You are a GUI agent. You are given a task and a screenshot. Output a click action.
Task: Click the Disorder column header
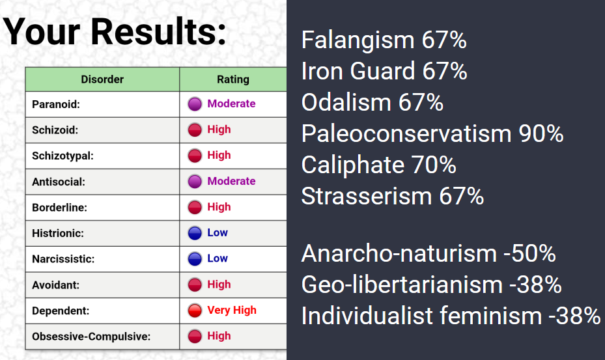[102, 79]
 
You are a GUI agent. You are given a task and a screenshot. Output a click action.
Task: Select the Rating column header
[233, 79]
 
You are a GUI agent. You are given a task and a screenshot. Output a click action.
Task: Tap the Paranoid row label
[56, 104]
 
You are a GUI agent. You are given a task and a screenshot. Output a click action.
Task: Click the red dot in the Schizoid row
[195, 130]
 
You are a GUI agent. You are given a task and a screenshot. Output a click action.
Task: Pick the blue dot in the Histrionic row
[195, 233]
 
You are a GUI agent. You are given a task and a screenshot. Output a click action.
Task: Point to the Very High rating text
[232, 311]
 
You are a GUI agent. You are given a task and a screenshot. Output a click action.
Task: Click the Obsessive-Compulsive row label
[91, 337]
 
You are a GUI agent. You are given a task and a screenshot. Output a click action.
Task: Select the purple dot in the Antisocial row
[195, 182]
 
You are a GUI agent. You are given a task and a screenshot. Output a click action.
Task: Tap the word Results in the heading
[159, 32]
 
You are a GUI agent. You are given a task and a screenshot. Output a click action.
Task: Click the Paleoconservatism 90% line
[432, 133]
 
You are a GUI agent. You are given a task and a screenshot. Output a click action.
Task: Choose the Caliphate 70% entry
[378, 165]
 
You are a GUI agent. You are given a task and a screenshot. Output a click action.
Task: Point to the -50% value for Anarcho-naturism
[529, 254]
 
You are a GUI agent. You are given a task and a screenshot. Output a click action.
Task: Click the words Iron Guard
[358, 71]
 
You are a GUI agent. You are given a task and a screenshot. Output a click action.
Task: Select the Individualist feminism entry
[451, 316]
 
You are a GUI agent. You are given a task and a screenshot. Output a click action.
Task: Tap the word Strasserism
[366, 196]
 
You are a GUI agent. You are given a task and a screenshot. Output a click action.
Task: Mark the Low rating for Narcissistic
[218, 258]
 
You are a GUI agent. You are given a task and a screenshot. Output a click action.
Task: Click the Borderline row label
[59, 208]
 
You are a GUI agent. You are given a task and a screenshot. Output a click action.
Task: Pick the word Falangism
[358, 40]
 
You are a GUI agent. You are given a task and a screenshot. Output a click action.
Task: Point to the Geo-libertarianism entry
[431, 284]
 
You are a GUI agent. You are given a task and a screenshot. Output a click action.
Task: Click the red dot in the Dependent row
[195, 311]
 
